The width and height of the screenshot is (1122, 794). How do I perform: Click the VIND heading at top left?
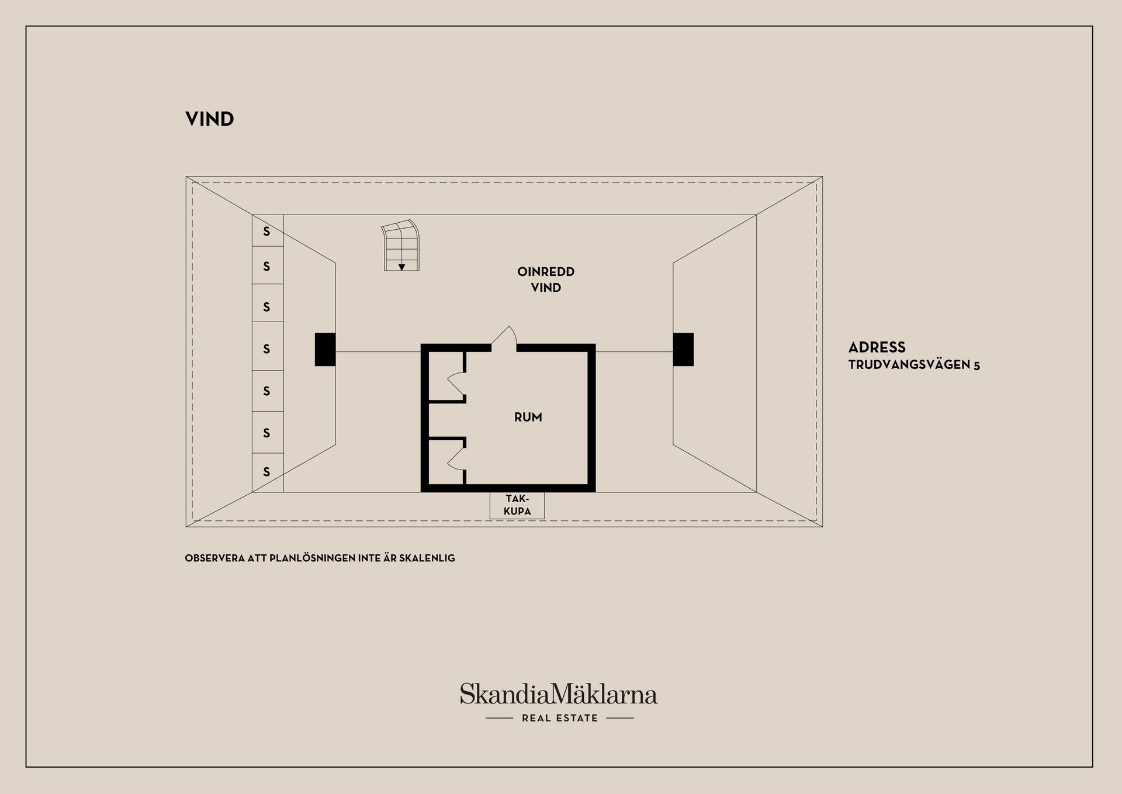click(x=209, y=119)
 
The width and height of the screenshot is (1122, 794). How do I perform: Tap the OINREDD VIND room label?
click(x=546, y=279)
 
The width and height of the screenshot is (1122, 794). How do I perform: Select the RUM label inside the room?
click(x=528, y=417)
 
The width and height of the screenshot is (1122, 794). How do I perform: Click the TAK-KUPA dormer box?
click(x=517, y=505)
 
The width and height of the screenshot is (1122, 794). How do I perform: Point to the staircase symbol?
click(x=401, y=246)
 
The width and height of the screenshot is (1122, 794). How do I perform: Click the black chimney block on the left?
click(x=325, y=350)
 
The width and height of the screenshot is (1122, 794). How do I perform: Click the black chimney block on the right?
click(x=683, y=350)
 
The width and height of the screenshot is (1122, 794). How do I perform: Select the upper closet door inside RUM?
click(x=456, y=384)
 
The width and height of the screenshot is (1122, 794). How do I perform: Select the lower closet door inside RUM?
click(x=456, y=457)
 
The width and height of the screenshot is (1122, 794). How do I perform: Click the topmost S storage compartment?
click(x=268, y=230)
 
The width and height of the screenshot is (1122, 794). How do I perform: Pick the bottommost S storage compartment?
click(x=268, y=472)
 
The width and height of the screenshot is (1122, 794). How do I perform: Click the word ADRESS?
click(x=877, y=347)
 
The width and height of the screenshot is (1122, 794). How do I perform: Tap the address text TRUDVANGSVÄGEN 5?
click(x=914, y=365)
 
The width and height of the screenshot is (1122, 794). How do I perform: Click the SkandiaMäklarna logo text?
click(x=559, y=693)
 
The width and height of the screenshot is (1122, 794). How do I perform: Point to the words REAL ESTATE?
click(x=560, y=718)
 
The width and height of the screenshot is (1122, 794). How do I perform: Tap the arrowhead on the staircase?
click(x=401, y=267)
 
